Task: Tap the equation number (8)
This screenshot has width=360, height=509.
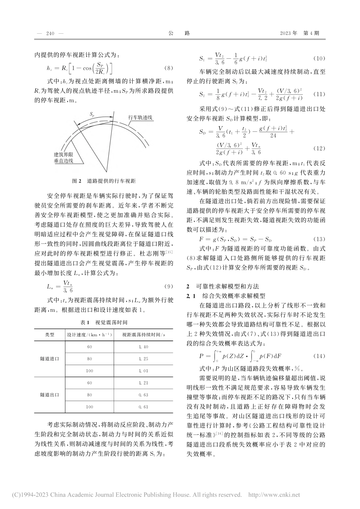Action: tap(168, 68)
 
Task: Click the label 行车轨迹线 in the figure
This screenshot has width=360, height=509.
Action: tap(140, 118)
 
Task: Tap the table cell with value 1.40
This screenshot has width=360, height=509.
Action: tap(143, 347)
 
